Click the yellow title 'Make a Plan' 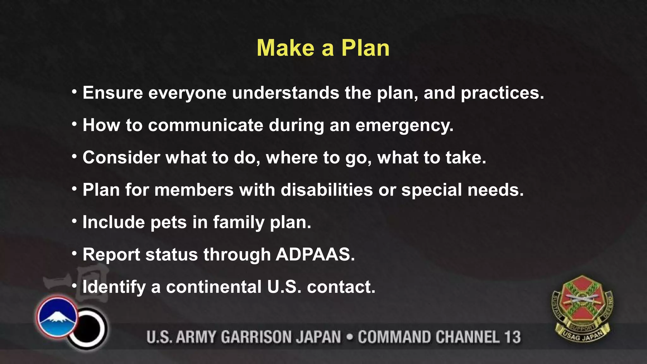coord(323,48)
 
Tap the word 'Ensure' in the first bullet coord(113,93)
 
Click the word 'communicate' coord(205,125)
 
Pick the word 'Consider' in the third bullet coord(121,157)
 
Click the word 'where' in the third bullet coord(292,157)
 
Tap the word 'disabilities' coord(327,190)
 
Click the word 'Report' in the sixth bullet coord(111,255)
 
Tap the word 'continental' coord(214,287)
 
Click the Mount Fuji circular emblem coord(57,316)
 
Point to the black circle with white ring coord(88,329)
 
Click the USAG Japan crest coord(582,309)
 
